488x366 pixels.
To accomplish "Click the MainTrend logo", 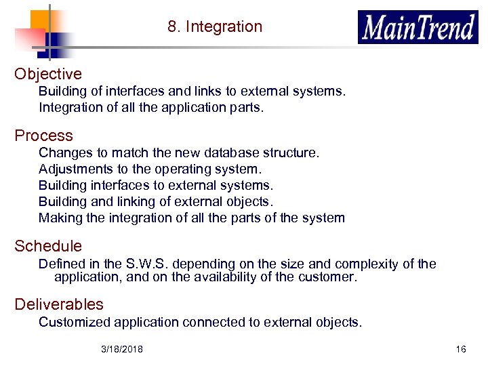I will (418, 28).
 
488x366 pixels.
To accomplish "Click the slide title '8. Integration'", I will (215, 27).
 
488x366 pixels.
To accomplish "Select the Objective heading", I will (48, 74).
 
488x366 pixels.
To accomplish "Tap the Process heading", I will (43, 136).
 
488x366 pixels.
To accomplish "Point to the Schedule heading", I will (48, 246).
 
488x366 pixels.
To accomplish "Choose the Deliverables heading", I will (59, 304).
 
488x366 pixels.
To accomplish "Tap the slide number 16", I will (461, 349).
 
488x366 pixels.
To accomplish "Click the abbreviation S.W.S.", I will (148, 264).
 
